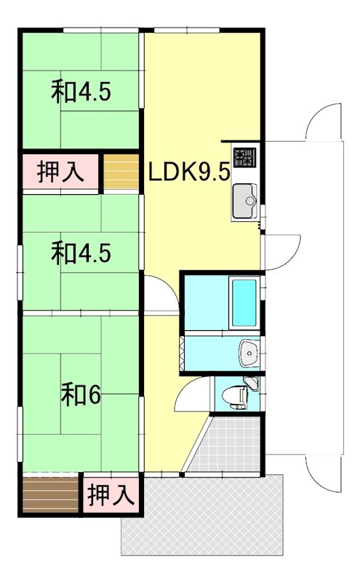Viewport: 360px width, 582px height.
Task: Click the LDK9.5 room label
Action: click(x=190, y=172)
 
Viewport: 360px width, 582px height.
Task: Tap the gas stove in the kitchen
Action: click(x=244, y=157)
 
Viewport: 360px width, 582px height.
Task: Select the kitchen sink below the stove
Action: click(x=244, y=202)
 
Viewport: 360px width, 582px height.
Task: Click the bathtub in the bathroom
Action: click(x=244, y=303)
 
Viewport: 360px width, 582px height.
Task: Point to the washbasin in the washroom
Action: click(x=249, y=353)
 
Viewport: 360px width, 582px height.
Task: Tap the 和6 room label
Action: click(x=81, y=395)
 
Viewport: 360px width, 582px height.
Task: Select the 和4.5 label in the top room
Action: click(x=81, y=92)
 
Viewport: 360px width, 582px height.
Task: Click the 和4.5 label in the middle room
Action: click(x=81, y=252)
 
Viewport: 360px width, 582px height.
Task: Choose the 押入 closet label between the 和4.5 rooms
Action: click(x=60, y=172)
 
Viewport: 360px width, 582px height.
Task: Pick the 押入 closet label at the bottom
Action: click(x=111, y=495)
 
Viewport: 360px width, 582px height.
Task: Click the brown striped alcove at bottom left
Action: click(x=50, y=493)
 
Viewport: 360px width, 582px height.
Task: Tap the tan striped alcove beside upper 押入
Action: click(x=121, y=172)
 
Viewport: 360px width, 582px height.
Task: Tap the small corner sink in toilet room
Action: click(x=252, y=383)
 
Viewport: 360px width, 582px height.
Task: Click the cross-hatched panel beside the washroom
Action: click(x=182, y=354)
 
